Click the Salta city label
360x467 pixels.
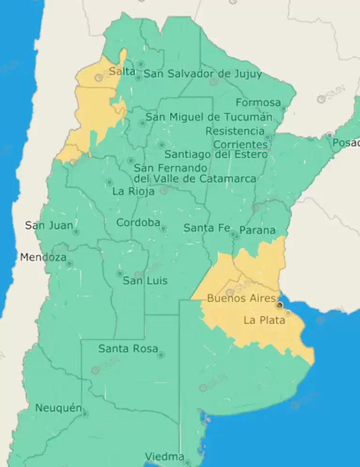tap(122, 72)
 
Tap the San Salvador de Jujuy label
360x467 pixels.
tap(202, 74)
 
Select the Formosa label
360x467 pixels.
tap(258, 102)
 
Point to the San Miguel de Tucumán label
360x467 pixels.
tap(209, 117)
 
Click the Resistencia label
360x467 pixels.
tap(235, 131)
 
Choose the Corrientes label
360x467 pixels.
tap(240, 144)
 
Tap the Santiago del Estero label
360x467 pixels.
tap(216, 155)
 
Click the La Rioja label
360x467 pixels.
tap(133, 191)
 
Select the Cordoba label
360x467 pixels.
tap(138, 223)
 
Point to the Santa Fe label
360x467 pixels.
tap(207, 228)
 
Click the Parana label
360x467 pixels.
tap(257, 230)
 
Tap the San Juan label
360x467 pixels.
tap(49, 225)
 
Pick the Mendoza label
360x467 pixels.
tap(43, 257)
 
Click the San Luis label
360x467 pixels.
tap(145, 281)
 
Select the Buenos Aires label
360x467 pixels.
tap(241, 298)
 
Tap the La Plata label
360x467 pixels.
tap(264, 320)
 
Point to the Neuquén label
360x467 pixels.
tap(58, 408)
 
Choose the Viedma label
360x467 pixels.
tap(164, 456)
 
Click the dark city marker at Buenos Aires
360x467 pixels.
tap(279, 305)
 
